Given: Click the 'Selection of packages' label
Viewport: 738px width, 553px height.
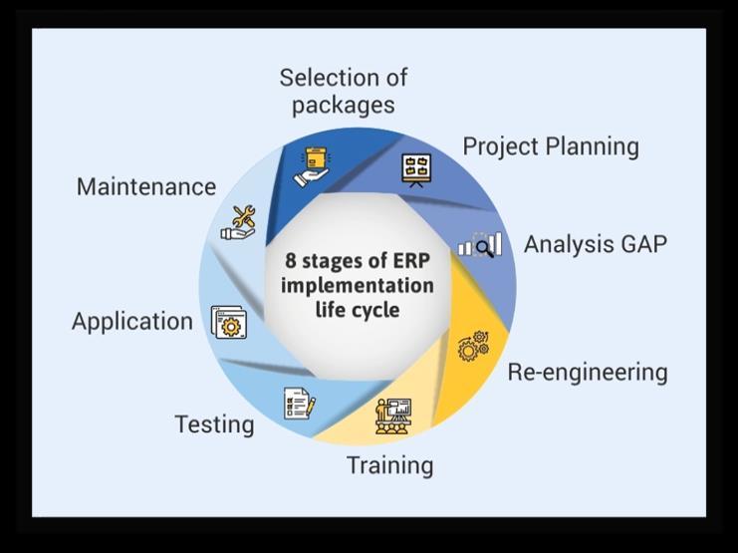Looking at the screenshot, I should tap(343, 91).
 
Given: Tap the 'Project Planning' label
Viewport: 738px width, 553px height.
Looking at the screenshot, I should tap(550, 146).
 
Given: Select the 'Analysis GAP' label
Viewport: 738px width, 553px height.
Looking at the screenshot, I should tap(595, 244).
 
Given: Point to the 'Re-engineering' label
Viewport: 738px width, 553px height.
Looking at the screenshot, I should tap(587, 373).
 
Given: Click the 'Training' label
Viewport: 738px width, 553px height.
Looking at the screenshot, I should tap(389, 465).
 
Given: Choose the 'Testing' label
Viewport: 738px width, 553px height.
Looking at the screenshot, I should tap(214, 424).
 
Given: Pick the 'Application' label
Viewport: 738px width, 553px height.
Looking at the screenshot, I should tap(132, 322).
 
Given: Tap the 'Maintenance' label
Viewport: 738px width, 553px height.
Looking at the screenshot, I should tap(146, 186).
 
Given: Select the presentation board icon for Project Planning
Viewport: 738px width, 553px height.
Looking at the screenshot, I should tap(415, 170).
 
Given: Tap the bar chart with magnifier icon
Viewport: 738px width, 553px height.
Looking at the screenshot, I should tap(479, 245).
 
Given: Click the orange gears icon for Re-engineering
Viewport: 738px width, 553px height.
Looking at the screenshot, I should tap(472, 345).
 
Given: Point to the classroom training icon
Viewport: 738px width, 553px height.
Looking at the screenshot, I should tap(393, 415).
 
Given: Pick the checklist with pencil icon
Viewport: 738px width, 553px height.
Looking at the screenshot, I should tap(300, 404).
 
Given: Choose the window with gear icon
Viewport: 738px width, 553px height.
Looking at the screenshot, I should tap(228, 323).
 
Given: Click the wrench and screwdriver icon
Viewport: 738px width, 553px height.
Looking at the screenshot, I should tap(238, 223).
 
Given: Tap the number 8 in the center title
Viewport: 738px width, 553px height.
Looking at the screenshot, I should tap(291, 261).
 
